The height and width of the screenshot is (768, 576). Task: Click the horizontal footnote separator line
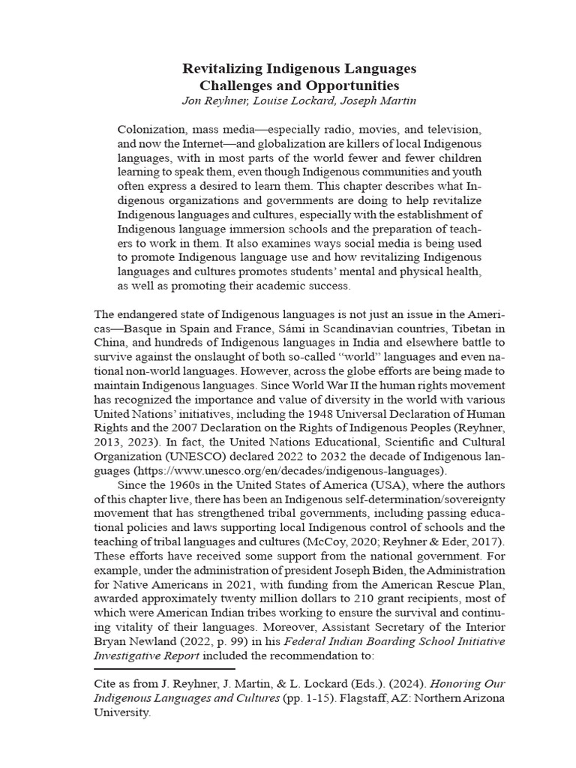pyautogui.click(x=164, y=667)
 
